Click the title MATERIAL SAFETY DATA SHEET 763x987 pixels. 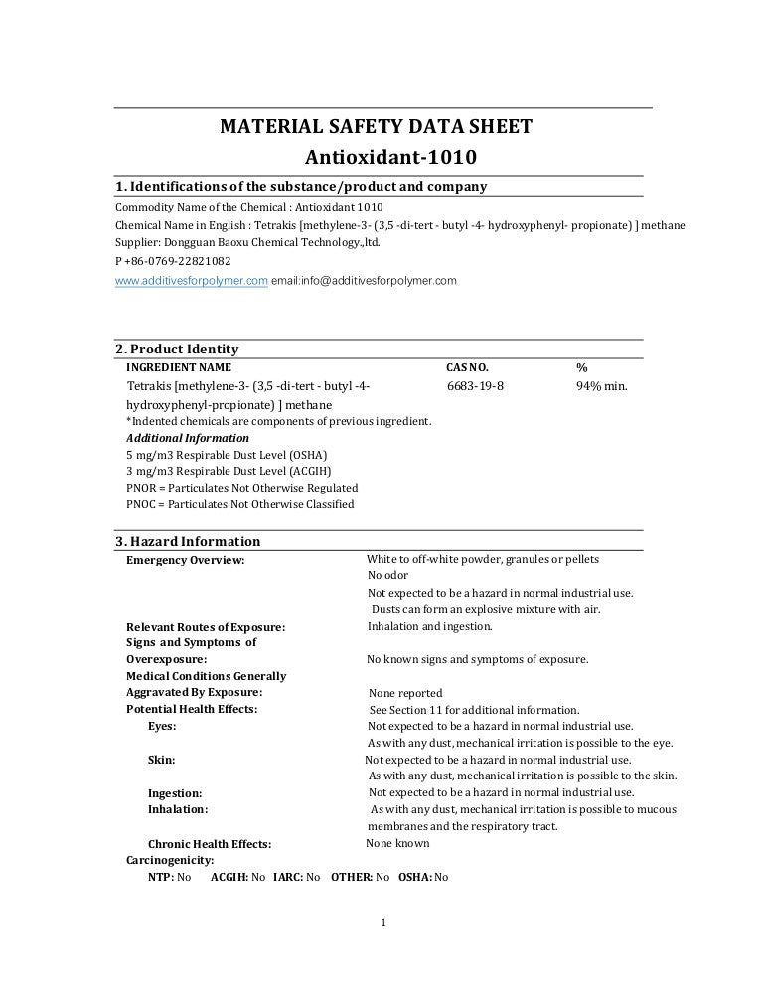(376, 127)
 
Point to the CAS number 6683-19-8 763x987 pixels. (475, 385)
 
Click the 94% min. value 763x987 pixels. (602, 385)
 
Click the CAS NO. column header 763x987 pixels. (467, 367)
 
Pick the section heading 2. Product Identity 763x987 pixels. (178, 349)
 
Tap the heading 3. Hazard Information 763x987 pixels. (189, 541)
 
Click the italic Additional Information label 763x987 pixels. (188, 437)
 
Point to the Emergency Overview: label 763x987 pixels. (186, 560)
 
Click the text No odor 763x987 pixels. (387, 575)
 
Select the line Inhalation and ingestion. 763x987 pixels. (429, 626)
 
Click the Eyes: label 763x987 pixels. (162, 726)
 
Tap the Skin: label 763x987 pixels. (162, 759)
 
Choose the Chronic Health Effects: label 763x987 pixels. (210, 844)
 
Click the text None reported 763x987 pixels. (405, 693)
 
